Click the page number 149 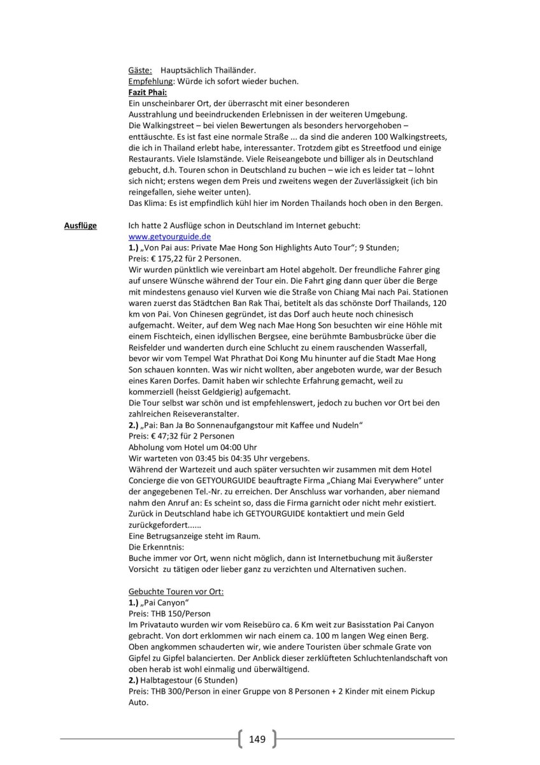257,739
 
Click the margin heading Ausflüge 80,226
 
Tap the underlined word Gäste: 140,70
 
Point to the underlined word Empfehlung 151,82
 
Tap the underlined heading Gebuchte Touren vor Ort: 176,591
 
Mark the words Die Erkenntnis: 155,546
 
